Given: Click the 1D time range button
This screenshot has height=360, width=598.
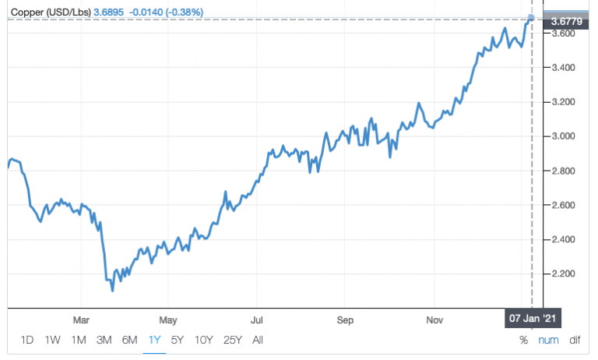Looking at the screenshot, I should (27, 340).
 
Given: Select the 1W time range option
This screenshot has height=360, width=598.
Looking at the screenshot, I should (53, 340).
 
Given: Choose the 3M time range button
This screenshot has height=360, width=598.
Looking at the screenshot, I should (104, 340).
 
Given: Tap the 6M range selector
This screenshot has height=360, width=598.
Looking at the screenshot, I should (129, 340).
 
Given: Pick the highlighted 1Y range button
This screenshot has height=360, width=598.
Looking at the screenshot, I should (155, 340).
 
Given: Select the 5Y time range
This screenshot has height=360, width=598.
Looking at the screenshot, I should (178, 340).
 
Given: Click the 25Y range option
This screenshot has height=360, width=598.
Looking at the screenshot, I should (232, 340).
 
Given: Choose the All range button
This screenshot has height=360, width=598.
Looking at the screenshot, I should (258, 340).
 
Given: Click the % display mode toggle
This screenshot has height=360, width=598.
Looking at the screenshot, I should (523, 340).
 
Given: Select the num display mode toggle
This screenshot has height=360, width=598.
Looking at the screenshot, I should (548, 340).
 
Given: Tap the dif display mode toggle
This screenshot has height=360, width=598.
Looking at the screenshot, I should (575, 340).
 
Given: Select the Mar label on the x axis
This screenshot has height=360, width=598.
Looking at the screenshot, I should (81, 319).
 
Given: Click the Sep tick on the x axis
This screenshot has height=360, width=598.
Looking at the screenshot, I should (346, 319).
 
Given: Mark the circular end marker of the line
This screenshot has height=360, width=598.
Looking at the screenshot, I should (531, 18).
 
